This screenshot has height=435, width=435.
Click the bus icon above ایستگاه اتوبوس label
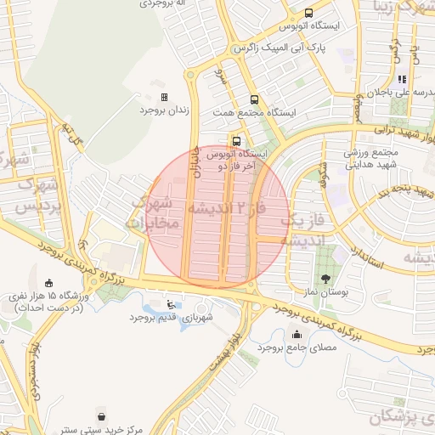(x=307, y=14)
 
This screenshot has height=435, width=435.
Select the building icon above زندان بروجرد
(x=164, y=98)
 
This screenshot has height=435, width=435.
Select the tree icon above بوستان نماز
(x=325, y=278)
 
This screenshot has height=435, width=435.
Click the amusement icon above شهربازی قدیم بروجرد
(x=174, y=303)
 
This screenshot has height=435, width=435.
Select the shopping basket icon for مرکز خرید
(x=102, y=417)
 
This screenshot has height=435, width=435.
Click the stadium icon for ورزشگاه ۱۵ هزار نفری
(x=48, y=284)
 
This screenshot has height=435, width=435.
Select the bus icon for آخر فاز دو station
(x=236, y=141)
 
